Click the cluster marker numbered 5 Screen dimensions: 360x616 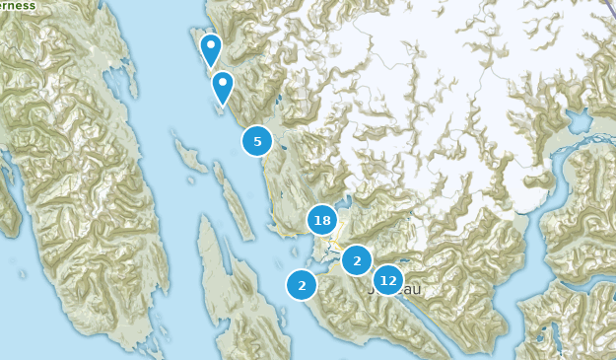click(257, 141)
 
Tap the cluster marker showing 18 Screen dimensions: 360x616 click(322, 220)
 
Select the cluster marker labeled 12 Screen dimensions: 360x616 click(388, 280)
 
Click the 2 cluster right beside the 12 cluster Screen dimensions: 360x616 click(357, 260)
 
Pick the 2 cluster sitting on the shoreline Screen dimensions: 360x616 click(302, 285)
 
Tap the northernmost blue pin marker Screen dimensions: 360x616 click(210, 48)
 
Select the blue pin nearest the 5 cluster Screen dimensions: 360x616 click(223, 87)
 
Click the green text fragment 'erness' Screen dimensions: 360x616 click(17, 5)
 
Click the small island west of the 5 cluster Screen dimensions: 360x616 click(185, 153)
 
